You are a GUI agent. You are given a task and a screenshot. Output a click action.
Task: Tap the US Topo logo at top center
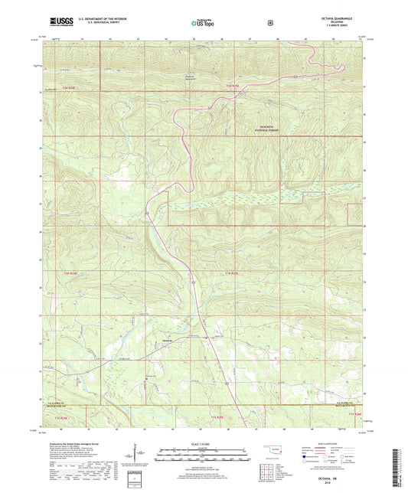tap(204, 24)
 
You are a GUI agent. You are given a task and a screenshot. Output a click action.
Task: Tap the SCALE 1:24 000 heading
tap(204, 444)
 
